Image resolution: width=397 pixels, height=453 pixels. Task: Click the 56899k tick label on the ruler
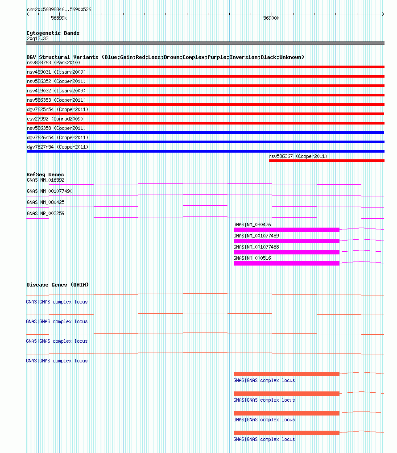click(59, 18)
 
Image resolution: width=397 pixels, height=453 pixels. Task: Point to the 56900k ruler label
click(271, 18)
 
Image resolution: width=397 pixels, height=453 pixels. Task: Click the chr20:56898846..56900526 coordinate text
click(59, 9)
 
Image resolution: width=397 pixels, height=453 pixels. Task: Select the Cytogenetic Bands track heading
click(53, 33)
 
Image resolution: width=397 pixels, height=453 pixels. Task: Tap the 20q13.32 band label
click(37, 38)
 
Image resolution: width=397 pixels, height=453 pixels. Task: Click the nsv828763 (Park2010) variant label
click(54, 62)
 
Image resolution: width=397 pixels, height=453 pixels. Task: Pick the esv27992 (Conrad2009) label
click(55, 119)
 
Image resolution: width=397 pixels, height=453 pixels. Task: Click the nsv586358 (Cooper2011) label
click(56, 128)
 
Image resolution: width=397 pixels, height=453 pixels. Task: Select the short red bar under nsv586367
click(326, 161)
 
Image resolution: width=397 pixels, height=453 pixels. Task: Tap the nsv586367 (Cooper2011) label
click(298, 156)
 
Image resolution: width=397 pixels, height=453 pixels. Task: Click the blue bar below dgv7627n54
click(205, 151)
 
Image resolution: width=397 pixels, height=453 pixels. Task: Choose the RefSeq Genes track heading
click(45, 175)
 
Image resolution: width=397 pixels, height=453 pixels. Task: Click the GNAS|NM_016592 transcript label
click(45, 180)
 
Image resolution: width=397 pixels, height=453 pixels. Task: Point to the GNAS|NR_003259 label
click(45, 213)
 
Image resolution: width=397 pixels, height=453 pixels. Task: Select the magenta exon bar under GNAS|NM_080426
click(286, 230)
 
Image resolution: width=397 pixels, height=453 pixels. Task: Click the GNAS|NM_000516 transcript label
click(252, 258)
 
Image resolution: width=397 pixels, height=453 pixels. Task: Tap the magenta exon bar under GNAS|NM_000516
click(286, 263)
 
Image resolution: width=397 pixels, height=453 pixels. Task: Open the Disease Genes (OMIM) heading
click(58, 285)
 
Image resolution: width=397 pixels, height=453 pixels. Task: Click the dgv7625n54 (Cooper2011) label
click(58, 109)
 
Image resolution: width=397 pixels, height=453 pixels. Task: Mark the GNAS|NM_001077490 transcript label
click(50, 191)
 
